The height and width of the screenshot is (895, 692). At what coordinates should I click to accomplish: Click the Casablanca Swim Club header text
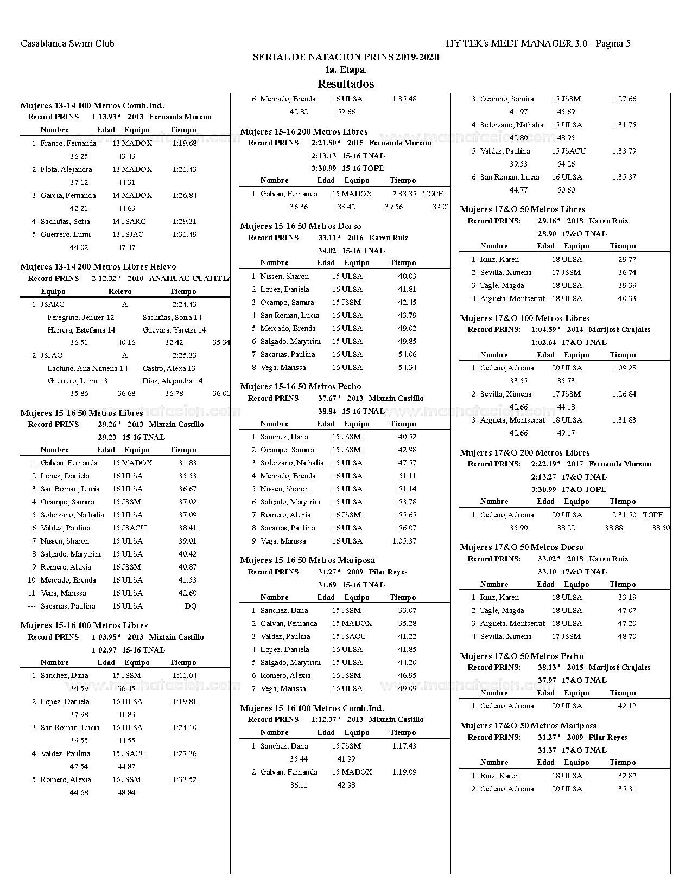point(67,43)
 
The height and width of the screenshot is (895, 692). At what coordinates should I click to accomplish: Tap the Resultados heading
point(346,84)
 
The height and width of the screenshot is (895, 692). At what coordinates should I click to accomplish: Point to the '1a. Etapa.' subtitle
point(346,70)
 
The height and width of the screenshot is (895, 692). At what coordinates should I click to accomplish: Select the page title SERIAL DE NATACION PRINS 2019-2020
point(346,57)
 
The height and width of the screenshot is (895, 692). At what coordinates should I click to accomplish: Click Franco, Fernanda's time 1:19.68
point(185,143)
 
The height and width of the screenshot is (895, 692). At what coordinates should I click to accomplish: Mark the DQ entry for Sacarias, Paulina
point(191,606)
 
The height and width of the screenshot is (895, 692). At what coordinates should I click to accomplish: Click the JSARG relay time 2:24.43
point(185,304)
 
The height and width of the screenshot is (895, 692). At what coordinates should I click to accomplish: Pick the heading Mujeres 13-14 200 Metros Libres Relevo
point(98,267)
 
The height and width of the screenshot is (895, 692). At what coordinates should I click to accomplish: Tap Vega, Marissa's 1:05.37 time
point(404,541)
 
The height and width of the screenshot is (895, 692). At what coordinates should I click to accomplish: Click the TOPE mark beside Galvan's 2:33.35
point(433,194)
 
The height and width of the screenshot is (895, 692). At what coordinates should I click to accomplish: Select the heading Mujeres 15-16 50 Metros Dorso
point(301,226)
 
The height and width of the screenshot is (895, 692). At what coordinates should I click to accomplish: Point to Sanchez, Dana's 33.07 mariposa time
point(407,610)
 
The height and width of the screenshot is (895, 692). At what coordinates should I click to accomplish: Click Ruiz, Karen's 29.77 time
point(627,259)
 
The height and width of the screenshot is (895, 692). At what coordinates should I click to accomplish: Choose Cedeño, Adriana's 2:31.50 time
point(624,515)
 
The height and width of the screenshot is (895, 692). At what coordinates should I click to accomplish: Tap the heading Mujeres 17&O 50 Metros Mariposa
point(529,726)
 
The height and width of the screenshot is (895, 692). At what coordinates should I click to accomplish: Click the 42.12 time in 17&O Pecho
point(627,706)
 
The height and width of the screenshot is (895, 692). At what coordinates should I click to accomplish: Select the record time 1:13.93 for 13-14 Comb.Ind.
point(104,117)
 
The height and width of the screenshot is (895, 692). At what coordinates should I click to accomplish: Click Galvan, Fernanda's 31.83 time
point(187,463)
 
